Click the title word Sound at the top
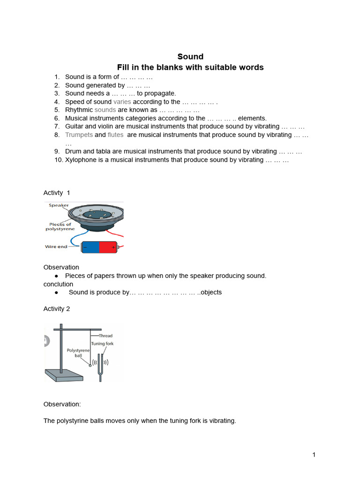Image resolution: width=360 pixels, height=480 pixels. coord(190,57)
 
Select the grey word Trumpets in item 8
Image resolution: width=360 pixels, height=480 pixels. coord(79,135)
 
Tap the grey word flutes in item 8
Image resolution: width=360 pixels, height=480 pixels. coord(115,135)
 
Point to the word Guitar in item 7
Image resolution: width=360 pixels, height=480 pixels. coord(75,127)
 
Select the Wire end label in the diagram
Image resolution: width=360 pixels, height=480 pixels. coord(56,247)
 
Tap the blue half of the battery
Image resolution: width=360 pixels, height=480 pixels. coord(90,247)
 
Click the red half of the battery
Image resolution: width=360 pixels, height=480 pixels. coord(109,247)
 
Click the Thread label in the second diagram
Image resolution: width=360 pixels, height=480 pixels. coord(105,336)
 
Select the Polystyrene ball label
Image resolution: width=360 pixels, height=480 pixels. coord(78,352)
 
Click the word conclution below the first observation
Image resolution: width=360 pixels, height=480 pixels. coord(58,284)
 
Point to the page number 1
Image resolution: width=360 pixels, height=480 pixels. coord(314,455)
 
